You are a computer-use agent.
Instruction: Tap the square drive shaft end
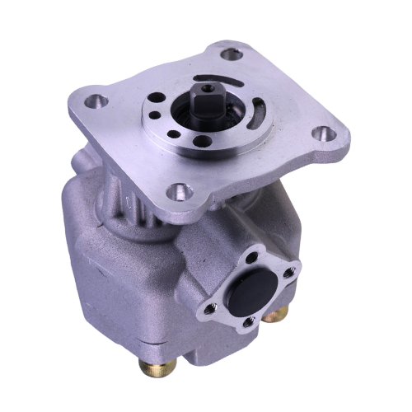206,105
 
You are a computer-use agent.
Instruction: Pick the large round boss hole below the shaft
203,141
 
